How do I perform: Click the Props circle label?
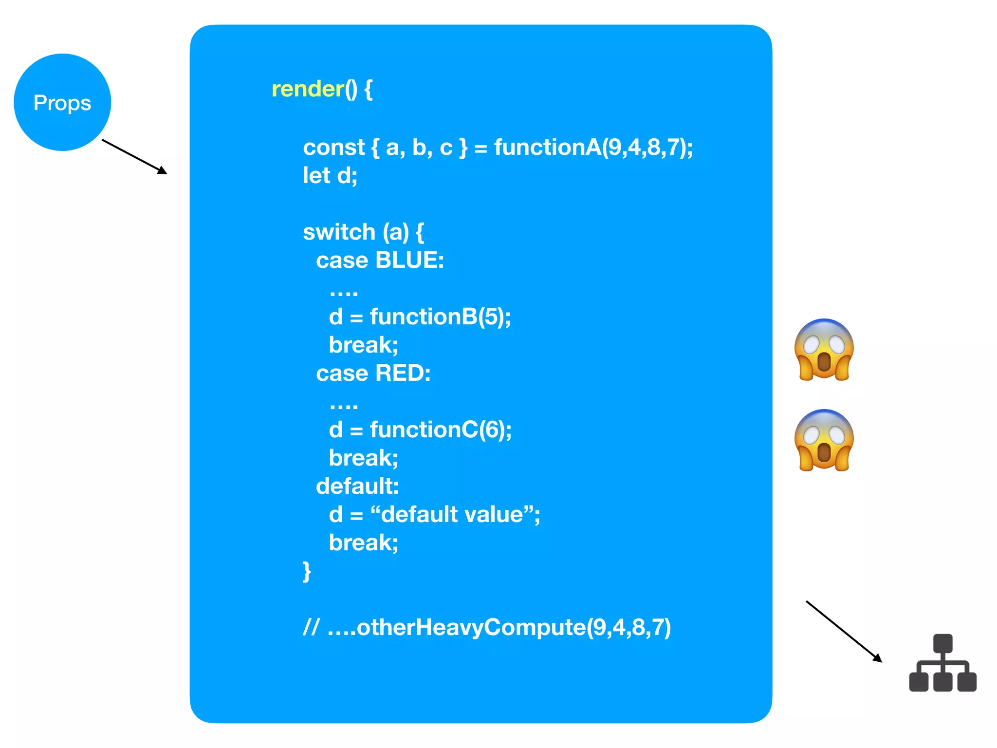point(62,103)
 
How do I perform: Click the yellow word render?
point(308,89)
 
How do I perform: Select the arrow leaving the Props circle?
point(134,157)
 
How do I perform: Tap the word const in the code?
point(333,148)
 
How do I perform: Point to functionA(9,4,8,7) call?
point(592,148)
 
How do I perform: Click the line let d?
point(330,176)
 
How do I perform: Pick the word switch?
point(339,232)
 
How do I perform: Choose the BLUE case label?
point(409,261)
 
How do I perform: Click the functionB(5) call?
point(439,317)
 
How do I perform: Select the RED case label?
point(402,374)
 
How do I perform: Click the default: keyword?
point(357,486)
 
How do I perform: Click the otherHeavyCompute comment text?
point(499,627)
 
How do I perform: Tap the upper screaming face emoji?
point(824,350)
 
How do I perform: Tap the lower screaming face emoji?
point(824,440)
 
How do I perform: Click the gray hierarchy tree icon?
point(942,663)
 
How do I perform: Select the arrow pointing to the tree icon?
point(844,632)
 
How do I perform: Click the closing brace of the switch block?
point(307,571)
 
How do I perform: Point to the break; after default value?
point(363,543)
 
